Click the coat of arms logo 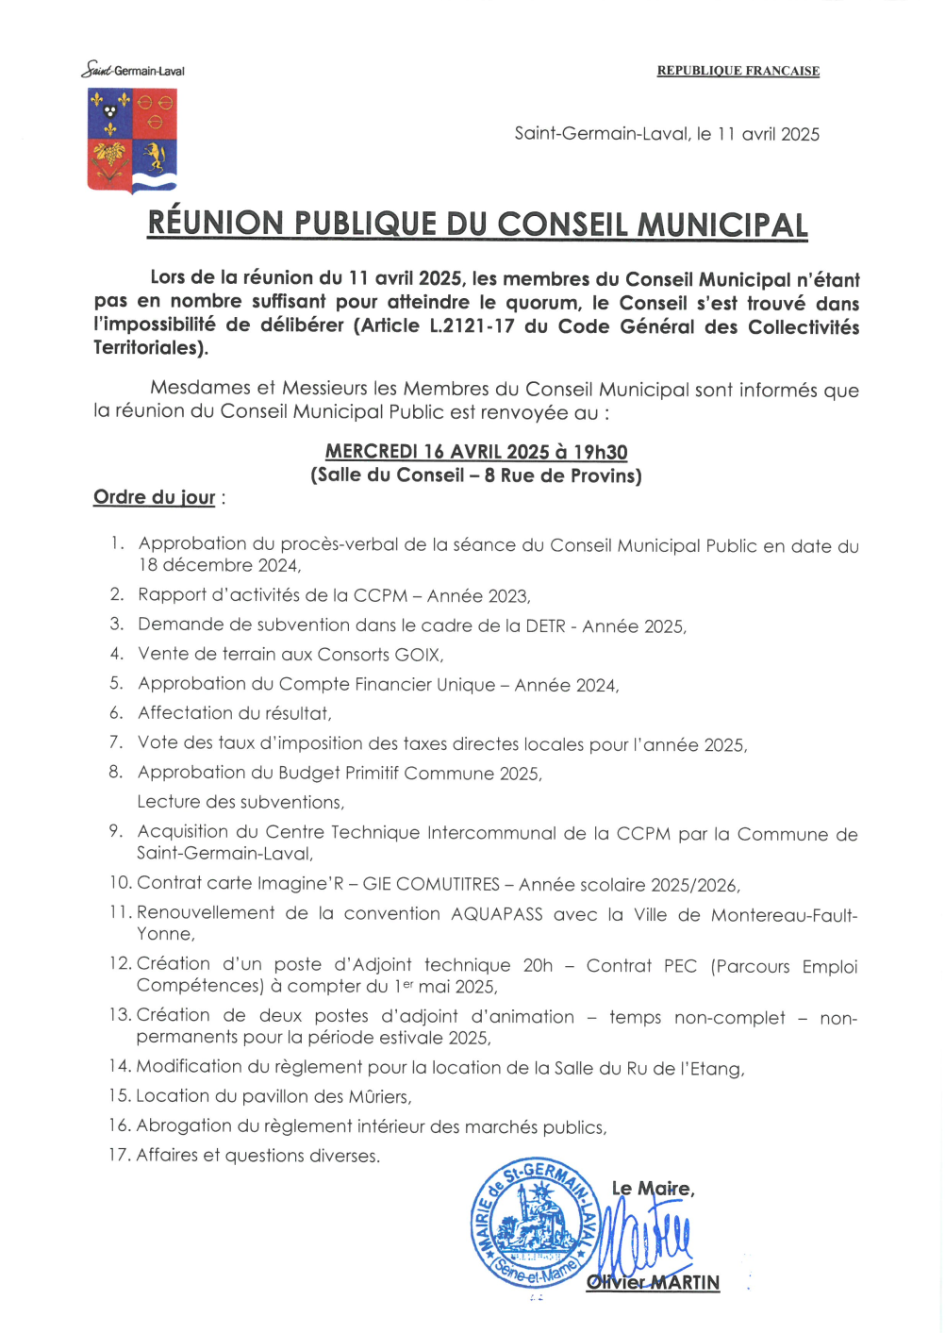click(131, 140)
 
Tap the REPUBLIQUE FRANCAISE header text click(738, 71)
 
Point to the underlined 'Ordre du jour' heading click(154, 497)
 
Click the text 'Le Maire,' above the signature click(653, 1189)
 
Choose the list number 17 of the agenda click(119, 1155)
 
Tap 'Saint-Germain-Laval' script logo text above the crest click(133, 71)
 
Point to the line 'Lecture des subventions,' click(240, 802)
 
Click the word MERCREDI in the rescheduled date click(373, 452)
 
